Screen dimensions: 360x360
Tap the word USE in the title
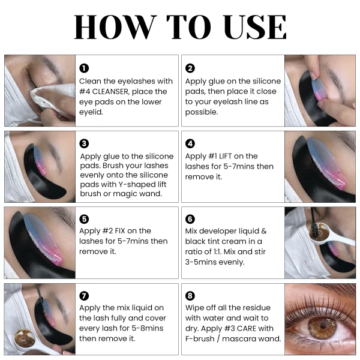point(254,26)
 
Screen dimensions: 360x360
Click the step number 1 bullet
point(84,68)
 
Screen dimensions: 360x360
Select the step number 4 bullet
point(190,144)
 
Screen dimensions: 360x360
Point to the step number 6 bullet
point(190,219)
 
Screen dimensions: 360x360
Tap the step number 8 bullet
point(190,296)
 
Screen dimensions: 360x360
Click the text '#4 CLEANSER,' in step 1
point(104,92)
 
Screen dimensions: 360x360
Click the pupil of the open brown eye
point(323,326)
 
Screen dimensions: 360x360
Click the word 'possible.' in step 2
point(202,112)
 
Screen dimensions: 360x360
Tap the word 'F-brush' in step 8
point(200,338)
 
